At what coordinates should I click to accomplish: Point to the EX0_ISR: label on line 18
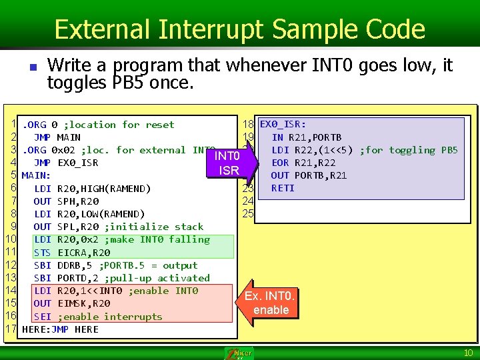coord(283,124)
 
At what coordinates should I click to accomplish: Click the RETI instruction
coord(283,188)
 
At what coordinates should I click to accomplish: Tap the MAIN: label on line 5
coord(36,175)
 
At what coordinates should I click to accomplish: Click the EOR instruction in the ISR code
coord(280,163)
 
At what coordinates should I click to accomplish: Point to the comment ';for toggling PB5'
coord(409,150)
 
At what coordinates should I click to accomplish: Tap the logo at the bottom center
coord(239,353)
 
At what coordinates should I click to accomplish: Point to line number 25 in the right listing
coord(248,214)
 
